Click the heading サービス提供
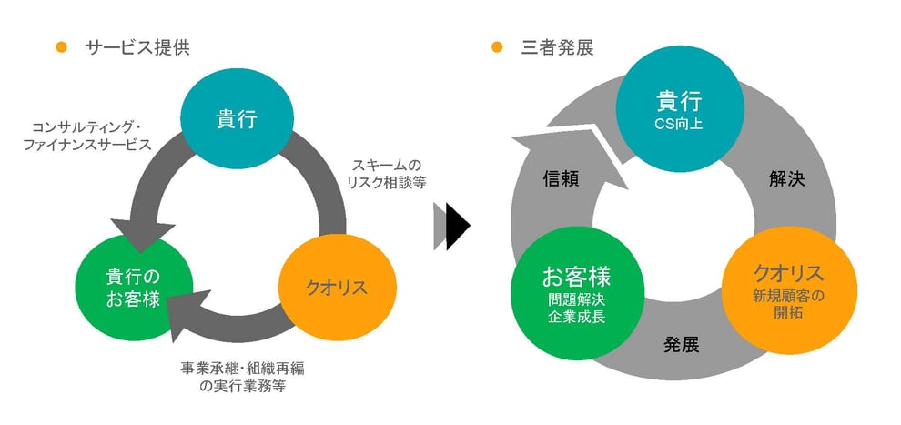point(137,47)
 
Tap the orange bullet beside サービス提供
point(62,47)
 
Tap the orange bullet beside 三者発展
point(497,47)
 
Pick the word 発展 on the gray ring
point(681,345)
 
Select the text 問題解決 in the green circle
point(576,298)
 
